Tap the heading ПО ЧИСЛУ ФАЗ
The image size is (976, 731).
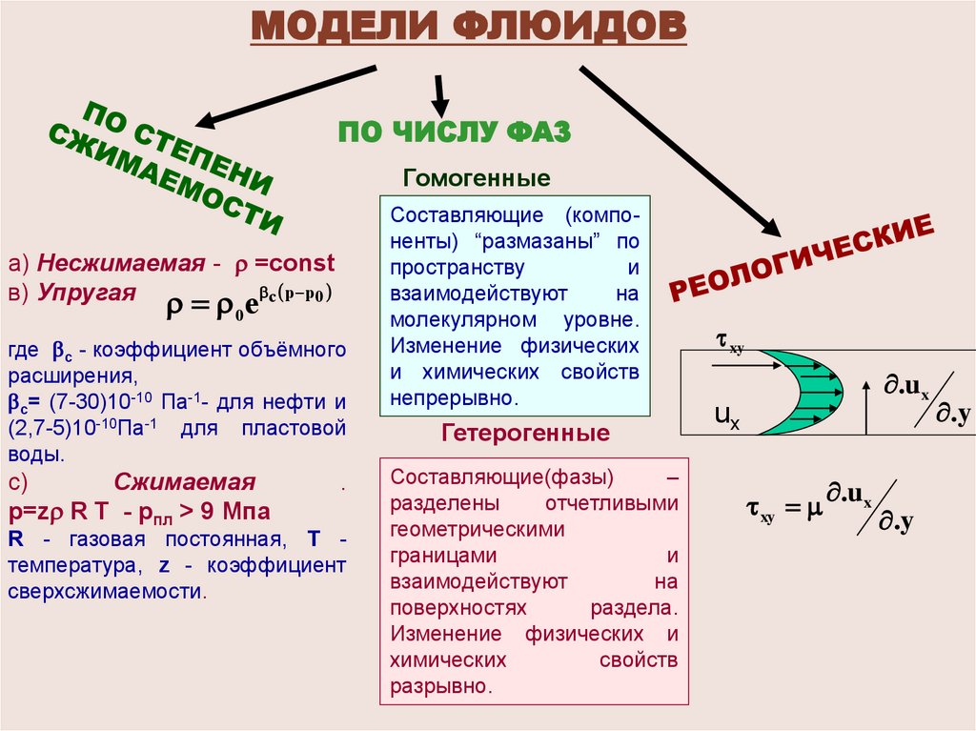point(455,132)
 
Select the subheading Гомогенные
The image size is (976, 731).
point(477,179)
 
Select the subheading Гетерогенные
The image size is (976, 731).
point(525,434)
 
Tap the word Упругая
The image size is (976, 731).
point(88,292)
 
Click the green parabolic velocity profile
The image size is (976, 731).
point(801,392)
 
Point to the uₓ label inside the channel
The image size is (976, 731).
point(726,416)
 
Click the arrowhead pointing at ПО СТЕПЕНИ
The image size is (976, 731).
point(206,120)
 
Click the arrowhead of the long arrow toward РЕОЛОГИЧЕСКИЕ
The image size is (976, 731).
point(770,226)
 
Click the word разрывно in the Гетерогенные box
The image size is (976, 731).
point(440,684)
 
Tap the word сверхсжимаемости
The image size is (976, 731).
point(105,590)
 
